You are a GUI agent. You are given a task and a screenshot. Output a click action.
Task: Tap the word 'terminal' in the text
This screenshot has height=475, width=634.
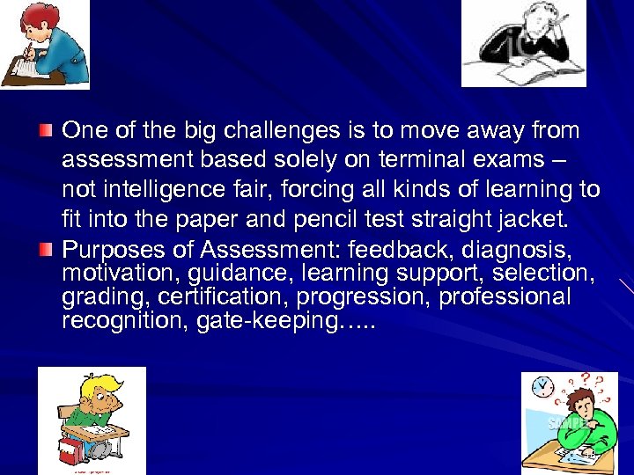[x=432, y=160]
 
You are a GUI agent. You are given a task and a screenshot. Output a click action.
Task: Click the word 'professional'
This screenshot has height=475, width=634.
[x=505, y=296]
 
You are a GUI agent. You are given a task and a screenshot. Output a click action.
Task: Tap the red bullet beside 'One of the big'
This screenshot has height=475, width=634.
[x=46, y=131]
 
